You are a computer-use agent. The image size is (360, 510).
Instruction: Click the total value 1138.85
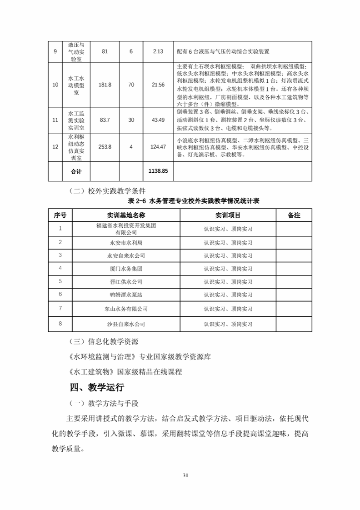click(x=158, y=171)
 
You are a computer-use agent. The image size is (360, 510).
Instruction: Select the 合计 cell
click(x=76, y=171)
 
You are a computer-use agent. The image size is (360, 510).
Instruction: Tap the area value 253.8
click(x=105, y=146)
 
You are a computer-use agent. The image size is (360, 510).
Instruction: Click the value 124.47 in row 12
click(x=158, y=146)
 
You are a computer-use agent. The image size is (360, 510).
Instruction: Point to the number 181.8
click(x=105, y=85)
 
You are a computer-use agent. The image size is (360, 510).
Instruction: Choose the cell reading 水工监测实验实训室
click(x=76, y=120)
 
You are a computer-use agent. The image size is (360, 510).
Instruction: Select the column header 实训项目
click(x=228, y=215)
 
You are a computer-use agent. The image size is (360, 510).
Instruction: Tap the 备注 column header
click(x=294, y=215)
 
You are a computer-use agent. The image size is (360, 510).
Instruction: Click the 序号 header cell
click(x=60, y=215)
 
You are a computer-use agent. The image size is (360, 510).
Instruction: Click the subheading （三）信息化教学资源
click(x=102, y=341)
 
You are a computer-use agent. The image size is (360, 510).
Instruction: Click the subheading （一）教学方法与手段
click(x=102, y=403)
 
